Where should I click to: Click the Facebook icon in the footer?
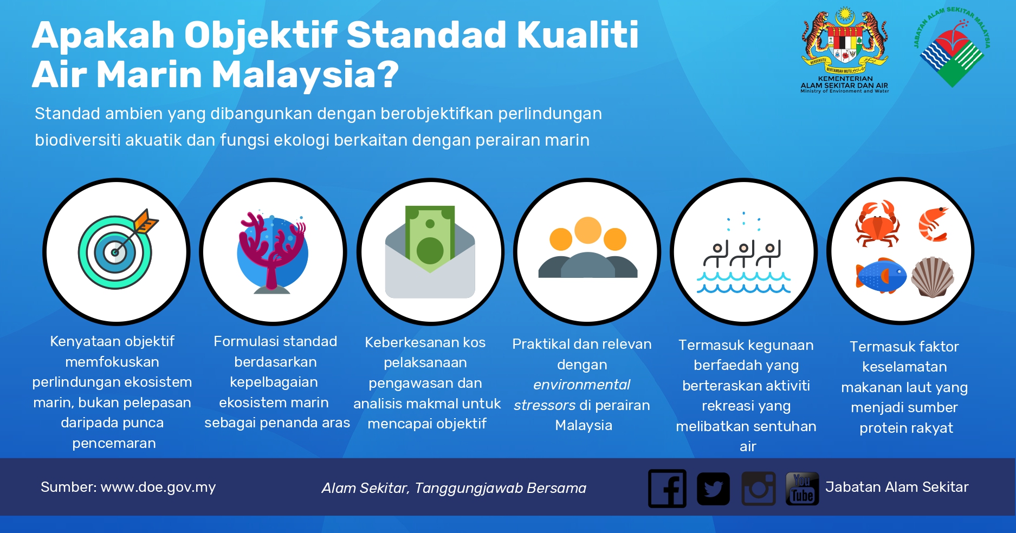point(667,488)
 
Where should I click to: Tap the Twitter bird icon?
point(713,489)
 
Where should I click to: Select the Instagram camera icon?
point(759,489)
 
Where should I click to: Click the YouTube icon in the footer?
point(802,489)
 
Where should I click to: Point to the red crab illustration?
point(877,223)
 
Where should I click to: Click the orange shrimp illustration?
point(933,224)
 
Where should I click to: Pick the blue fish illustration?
point(881,276)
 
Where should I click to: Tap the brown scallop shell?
point(933,277)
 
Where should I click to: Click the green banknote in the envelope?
point(430,238)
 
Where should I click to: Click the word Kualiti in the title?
point(578,35)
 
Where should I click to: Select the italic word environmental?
point(581,385)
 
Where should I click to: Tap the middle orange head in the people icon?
point(588,230)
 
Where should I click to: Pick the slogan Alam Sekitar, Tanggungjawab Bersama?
point(454,488)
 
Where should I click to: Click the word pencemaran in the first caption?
point(114,444)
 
